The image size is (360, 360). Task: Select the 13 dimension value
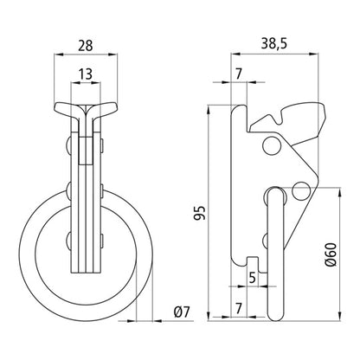pos(83,75)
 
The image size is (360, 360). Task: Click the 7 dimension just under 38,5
pos(239,75)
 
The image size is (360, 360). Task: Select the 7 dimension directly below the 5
pos(239,309)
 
